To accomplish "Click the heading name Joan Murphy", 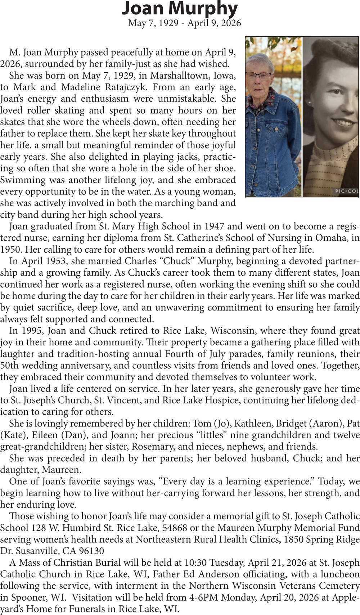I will point(180,9).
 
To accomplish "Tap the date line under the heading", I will point(184,23).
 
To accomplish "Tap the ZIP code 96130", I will point(91,551).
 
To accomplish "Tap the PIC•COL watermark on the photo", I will point(346,191).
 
